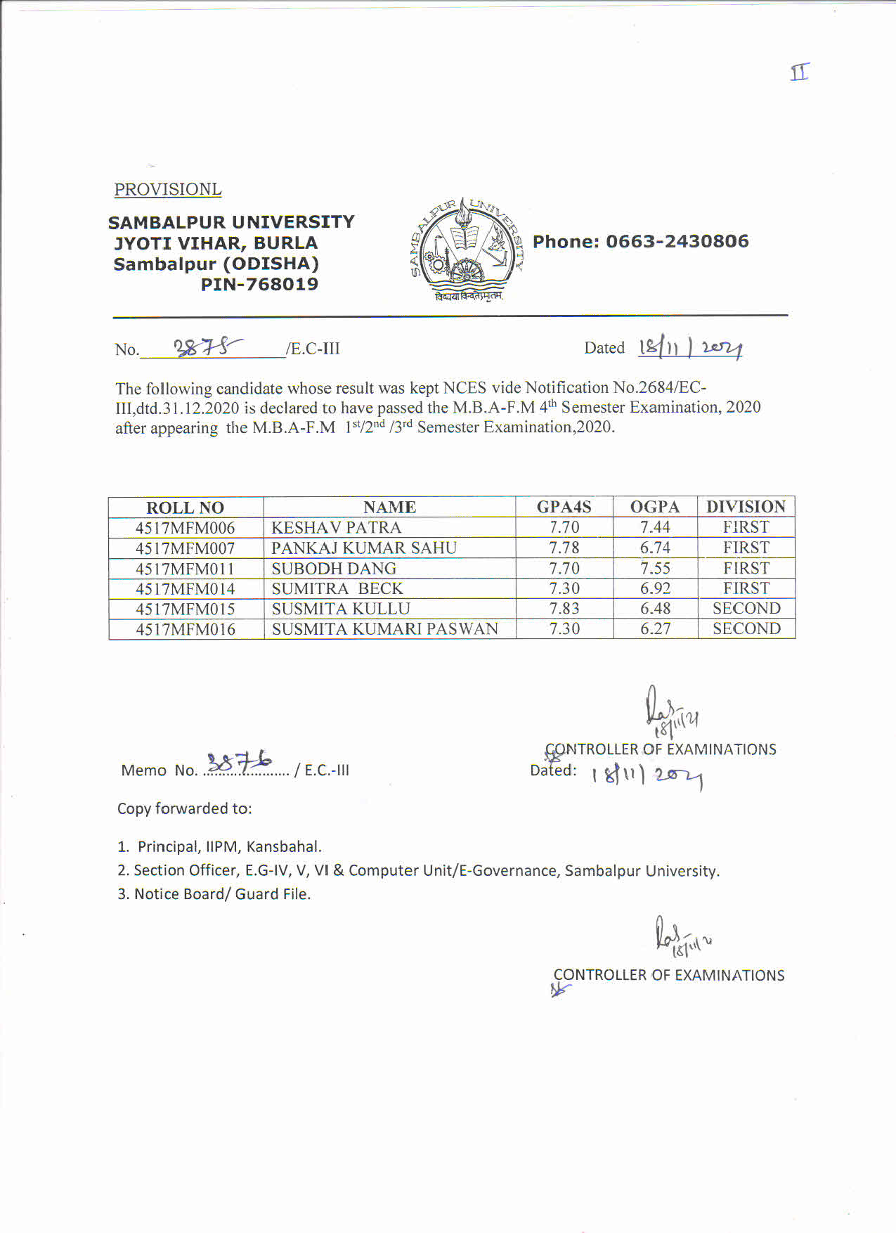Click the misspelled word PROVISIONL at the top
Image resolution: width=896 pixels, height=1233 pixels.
pyautogui.click(x=168, y=190)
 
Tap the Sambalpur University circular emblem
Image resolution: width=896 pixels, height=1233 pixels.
pyautogui.click(x=465, y=248)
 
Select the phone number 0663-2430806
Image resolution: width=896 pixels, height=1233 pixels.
pyautogui.click(x=677, y=241)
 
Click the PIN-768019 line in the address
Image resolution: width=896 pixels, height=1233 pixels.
pyautogui.click(x=259, y=285)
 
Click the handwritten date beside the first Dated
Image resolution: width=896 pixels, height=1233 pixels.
pyautogui.click(x=690, y=348)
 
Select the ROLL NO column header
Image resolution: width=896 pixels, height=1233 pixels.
pyautogui.click(x=185, y=508)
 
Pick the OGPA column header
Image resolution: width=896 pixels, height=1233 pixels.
pyautogui.click(x=654, y=507)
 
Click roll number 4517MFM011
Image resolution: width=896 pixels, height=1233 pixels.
pyautogui.click(x=185, y=569)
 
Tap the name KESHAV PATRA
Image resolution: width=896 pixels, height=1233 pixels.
pyautogui.click(x=336, y=528)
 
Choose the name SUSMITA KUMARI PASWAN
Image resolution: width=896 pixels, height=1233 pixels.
pyautogui.click(x=384, y=629)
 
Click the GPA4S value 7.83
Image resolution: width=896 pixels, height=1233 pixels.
pyautogui.click(x=564, y=609)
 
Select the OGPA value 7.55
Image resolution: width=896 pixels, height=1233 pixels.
pyautogui.click(x=655, y=569)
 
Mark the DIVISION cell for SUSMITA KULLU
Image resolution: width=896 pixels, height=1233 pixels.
pyautogui.click(x=746, y=609)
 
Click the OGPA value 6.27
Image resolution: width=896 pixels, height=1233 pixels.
pyautogui.click(x=655, y=629)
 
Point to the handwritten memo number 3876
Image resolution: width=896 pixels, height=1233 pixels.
pyautogui.click(x=240, y=761)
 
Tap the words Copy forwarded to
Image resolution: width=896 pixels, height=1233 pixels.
pyautogui.click(x=184, y=808)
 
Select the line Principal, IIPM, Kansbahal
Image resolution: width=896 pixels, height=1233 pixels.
pyautogui.click(x=229, y=846)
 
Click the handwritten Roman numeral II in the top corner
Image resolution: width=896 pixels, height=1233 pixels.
pyautogui.click(x=800, y=72)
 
